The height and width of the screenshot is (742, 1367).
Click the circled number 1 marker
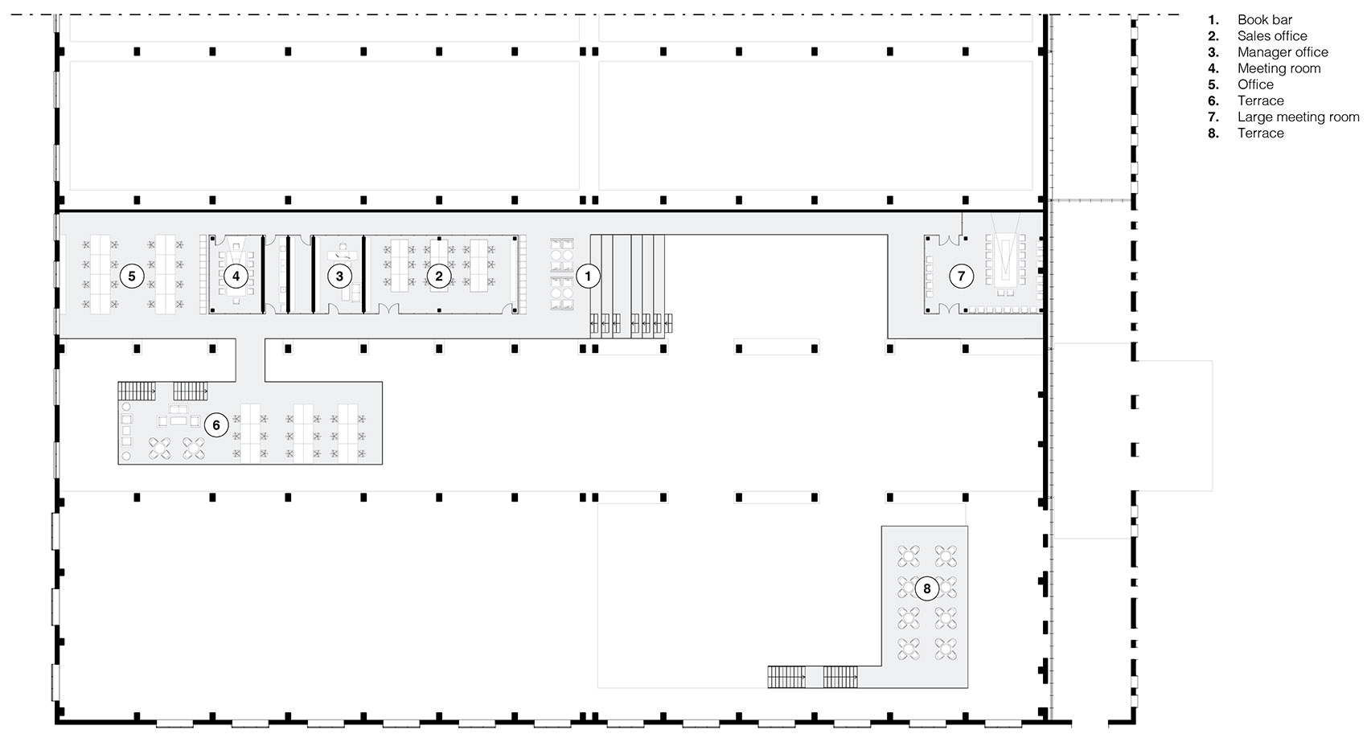[588, 277]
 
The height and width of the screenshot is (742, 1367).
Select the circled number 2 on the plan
[439, 277]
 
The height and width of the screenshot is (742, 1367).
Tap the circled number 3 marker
[340, 277]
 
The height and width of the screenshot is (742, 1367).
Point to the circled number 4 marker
[236, 277]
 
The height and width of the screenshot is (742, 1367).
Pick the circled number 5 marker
[132, 277]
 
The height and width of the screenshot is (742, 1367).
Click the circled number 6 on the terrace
[216, 425]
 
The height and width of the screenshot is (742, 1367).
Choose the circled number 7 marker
[961, 277]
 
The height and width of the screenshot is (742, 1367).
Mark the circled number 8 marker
[927, 588]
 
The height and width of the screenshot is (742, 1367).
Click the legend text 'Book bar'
[1264, 20]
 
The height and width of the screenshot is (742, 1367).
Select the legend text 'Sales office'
[1272, 36]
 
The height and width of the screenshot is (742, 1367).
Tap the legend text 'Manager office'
[1283, 52]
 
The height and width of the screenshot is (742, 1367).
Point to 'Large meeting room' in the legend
[1299, 117]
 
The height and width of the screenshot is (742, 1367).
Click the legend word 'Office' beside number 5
[1255, 85]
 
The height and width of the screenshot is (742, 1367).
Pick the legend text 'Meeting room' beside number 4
[1279, 68]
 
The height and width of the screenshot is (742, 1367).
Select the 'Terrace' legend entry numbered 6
[1261, 100]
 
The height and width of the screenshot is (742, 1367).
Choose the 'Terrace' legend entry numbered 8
[1261, 133]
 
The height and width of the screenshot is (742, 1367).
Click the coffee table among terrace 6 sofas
[179, 421]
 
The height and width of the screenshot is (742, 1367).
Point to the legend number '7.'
[1213, 117]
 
